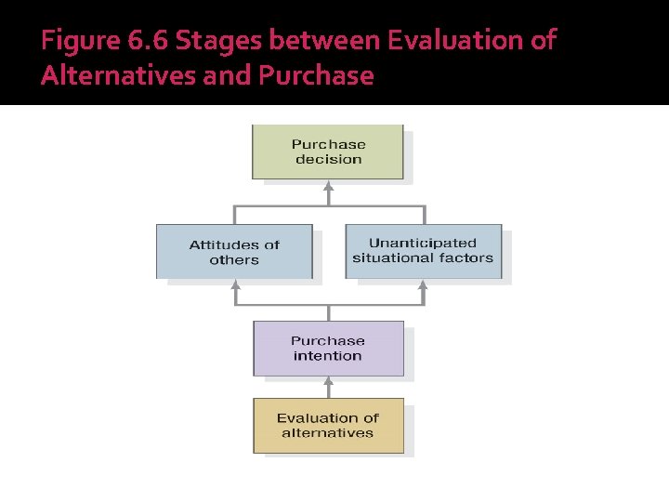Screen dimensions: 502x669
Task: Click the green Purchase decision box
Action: tap(328, 152)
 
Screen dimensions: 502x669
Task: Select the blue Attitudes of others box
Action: tap(234, 252)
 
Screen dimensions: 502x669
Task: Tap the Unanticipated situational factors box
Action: tap(423, 251)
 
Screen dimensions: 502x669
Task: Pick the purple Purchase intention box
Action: tap(328, 349)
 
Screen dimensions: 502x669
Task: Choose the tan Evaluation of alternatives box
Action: tap(328, 426)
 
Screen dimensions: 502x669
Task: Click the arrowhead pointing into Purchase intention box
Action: tap(328, 382)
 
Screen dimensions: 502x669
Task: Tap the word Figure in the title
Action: tap(78, 42)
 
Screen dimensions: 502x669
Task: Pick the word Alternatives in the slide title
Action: tap(117, 75)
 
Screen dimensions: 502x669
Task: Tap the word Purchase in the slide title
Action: tap(315, 75)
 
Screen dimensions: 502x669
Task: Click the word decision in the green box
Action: tap(328, 160)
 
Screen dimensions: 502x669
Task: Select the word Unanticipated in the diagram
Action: tap(423, 244)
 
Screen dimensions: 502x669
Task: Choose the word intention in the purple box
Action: tap(328, 356)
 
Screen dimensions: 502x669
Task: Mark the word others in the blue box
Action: tap(234, 260)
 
